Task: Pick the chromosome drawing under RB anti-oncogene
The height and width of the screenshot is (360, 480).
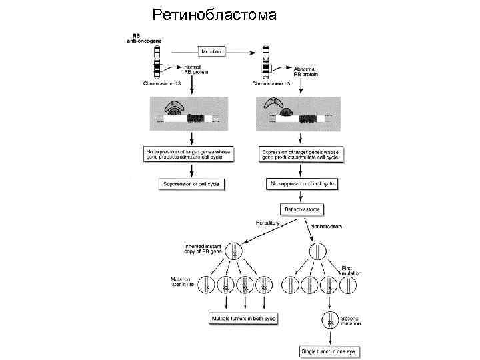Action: point(157,64)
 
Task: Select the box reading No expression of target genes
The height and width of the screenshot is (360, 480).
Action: point(191,155)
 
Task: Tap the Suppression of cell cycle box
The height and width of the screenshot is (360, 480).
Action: point(191,183)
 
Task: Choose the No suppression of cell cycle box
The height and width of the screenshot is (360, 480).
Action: point(302,183)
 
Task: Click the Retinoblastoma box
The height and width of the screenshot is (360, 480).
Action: point(302,209)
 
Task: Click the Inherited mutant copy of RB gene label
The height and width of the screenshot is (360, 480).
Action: point(203,251)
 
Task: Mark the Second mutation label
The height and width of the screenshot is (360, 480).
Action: point(351,321)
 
